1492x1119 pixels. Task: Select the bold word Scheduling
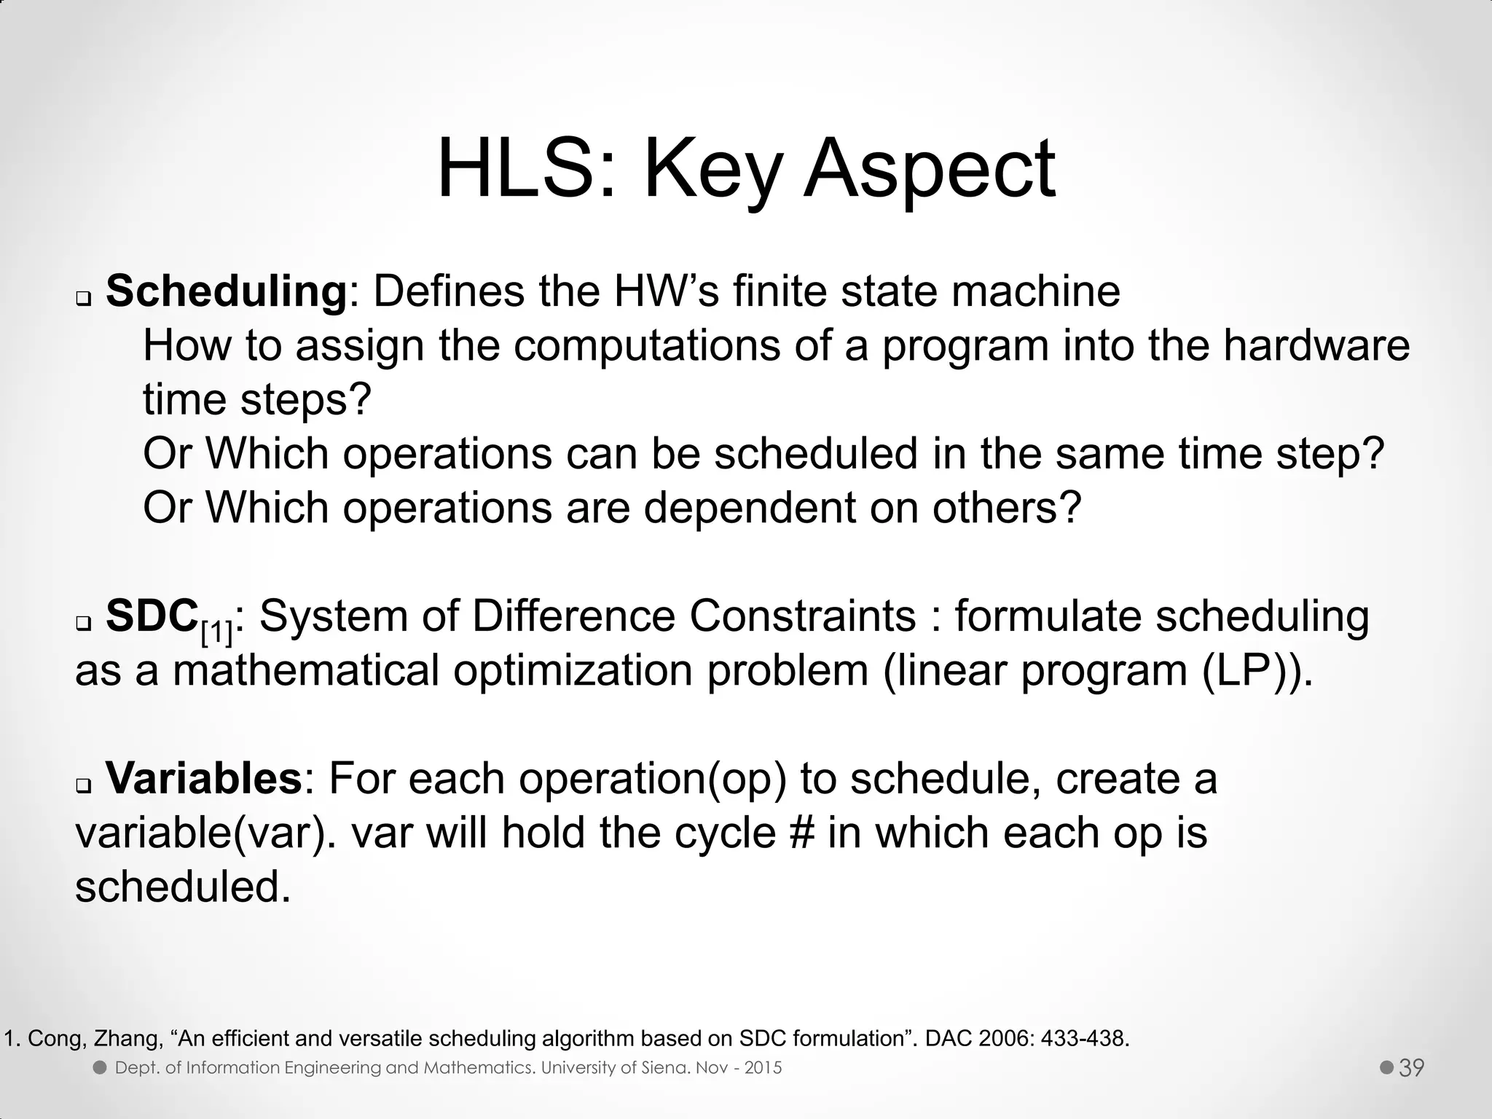point(226,291)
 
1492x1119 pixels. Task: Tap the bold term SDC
point(152,616)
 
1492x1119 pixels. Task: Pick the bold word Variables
point(204,778)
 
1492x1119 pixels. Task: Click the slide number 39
point(1411,1068)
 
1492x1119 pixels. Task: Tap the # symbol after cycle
point(801,833)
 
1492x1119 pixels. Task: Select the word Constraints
point(802,616)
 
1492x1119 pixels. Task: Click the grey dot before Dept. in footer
point(101,1068)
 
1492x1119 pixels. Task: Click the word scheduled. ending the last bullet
point(183,887)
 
